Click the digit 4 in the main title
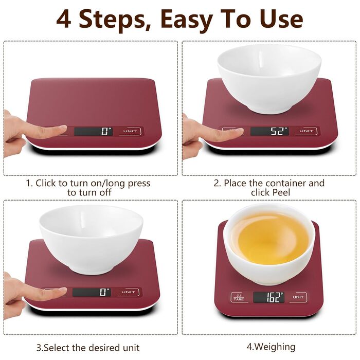click(63, 20)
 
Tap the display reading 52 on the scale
click(269, 131)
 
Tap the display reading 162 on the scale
click(268, 297)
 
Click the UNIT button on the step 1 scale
click(130, 131)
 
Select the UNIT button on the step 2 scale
click(307, 131)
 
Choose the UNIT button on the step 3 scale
click(129, 292)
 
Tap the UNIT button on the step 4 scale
click(298, 297)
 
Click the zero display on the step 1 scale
click(93, 132)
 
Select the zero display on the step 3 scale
click(92, 292)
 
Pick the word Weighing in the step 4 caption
click(275, 347)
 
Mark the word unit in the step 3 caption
click(131, 348)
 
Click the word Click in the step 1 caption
click(45, 183)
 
